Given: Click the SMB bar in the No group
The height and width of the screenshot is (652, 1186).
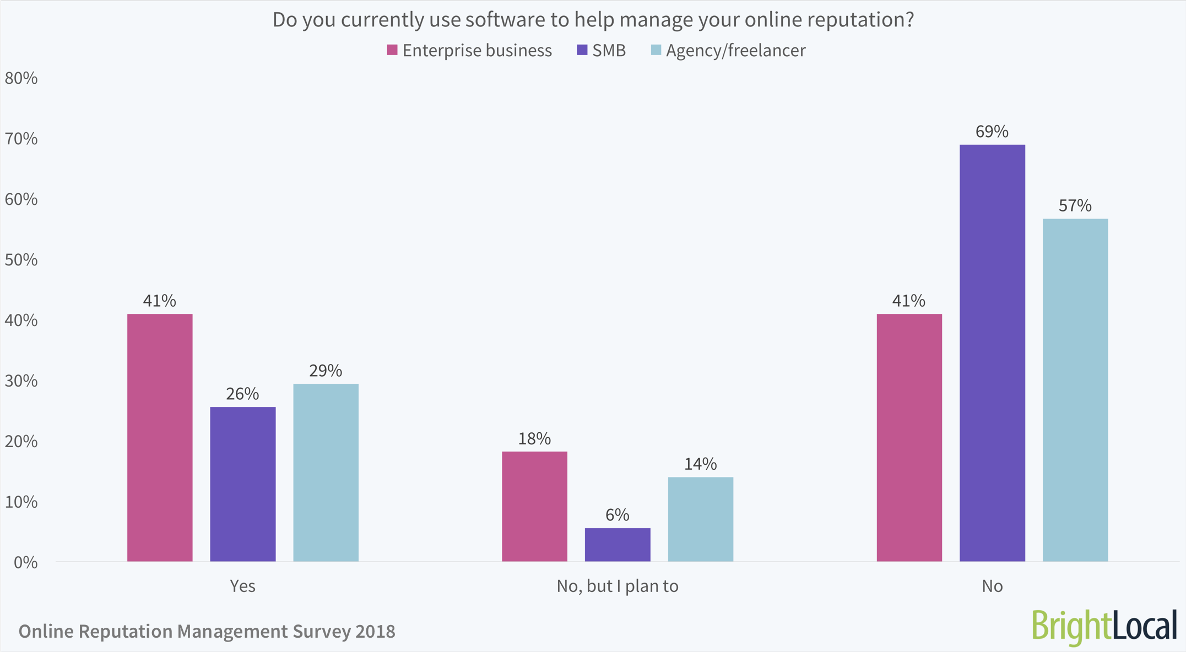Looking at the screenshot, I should [992, 352].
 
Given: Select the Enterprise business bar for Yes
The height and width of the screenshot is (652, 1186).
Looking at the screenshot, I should [160, 438].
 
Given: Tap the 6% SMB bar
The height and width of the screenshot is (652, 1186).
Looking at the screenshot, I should [618, 545].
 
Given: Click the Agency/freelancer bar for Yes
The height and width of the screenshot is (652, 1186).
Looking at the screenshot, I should [326, 472].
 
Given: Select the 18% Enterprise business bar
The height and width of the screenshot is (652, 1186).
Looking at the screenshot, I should [534, 506].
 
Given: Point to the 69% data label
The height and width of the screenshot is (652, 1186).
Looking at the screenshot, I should [992, 132].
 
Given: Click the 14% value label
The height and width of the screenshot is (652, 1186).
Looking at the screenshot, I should [700, 464].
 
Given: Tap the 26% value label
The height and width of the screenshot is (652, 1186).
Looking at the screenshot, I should [242, 394].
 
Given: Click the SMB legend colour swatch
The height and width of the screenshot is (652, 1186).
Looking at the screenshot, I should [582, 50].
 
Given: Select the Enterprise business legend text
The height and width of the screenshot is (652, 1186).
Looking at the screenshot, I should [477, 51].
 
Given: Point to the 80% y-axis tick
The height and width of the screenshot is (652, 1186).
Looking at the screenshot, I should [21, 78].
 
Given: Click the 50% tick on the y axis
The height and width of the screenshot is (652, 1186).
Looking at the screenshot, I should [21, 260].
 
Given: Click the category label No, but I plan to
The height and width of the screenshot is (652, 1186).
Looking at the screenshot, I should [618, 586].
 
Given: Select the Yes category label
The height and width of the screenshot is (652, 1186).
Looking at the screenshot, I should [242, 586].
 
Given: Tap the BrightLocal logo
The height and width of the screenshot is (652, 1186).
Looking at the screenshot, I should [1104, 627].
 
